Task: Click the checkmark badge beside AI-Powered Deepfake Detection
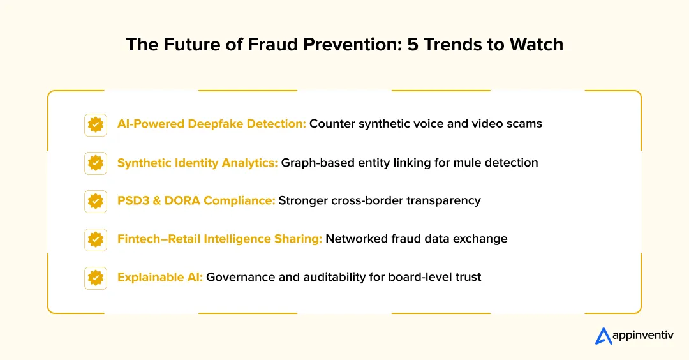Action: [x=96, y=124]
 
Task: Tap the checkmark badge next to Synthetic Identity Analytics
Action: [x=96, y=163]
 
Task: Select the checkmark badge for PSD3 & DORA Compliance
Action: [x=96, y=201]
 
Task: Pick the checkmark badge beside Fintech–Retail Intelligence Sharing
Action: [x=96, y=239]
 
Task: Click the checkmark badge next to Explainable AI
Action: [x=96, y=278]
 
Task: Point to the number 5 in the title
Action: [x=415, y=45]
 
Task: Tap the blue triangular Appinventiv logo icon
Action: [x=604, y=336]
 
